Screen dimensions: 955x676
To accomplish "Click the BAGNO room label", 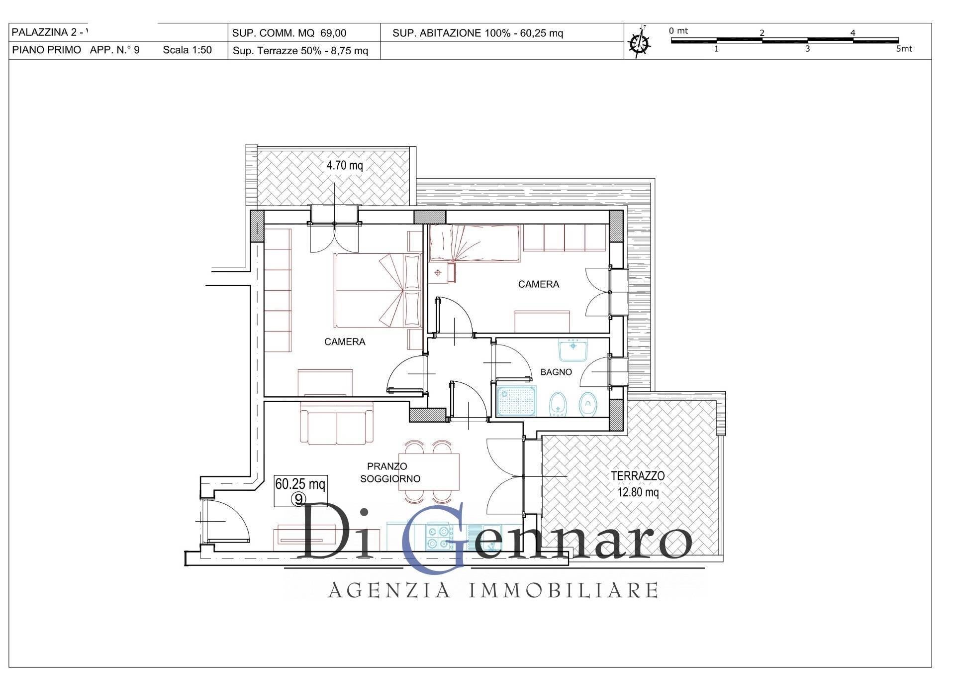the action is pyautogui.click(x=556, y=372).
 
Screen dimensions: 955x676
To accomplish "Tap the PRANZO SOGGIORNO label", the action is pyautogui.click(x=390, y=472).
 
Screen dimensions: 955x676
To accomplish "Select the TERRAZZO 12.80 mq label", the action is pyautogui.click(x=638, y=484).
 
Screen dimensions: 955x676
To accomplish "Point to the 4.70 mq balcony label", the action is pyautogui.click(x=345, y=165).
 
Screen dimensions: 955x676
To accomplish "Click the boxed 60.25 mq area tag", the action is pyautogui.click(x=300, y=490).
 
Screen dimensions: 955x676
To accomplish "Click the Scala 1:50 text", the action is pyautogui.click(x=187, y=50).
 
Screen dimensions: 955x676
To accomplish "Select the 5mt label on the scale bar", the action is pyautogui.click(x=904, y=49).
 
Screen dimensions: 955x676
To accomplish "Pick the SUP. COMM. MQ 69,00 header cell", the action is pyautogui.click(x=289, y=33).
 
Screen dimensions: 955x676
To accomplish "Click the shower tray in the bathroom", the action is pyautogui.click(x=517, y=401).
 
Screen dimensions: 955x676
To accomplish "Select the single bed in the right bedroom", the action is pyautogui.click(x=475, y=243).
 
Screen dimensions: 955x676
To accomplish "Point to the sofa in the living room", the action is pyautogui.click(x=337, y=423).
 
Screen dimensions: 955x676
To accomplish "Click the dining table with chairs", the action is pyautogui.click(x=429, y=472).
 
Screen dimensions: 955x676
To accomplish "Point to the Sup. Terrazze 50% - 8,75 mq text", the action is pyautogui.click(x=300, y=51).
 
